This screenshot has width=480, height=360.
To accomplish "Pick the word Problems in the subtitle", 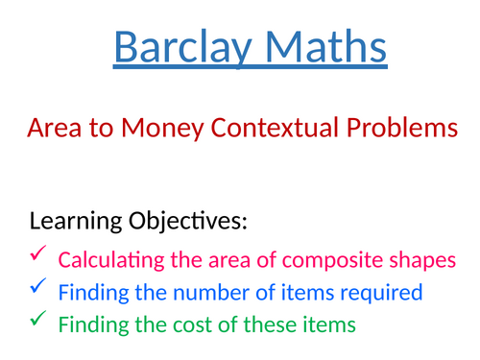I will (x=403, y=129).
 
